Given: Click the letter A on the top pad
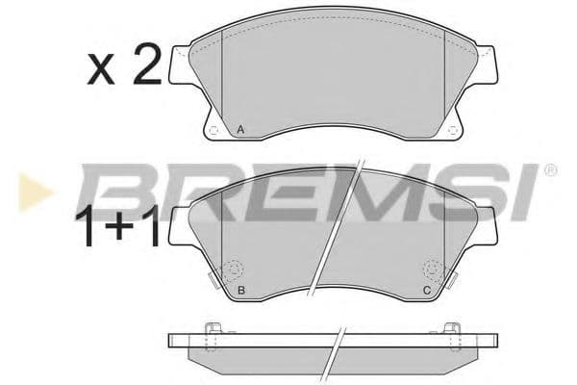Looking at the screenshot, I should [x=239, y=128].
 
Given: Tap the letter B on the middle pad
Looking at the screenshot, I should [x=239, y=289].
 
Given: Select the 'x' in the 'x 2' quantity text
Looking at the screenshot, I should [x=100, y=70].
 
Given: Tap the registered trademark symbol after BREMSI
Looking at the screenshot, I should [x=550, y=170].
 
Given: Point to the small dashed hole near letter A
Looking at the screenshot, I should [x=213, y=130].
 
